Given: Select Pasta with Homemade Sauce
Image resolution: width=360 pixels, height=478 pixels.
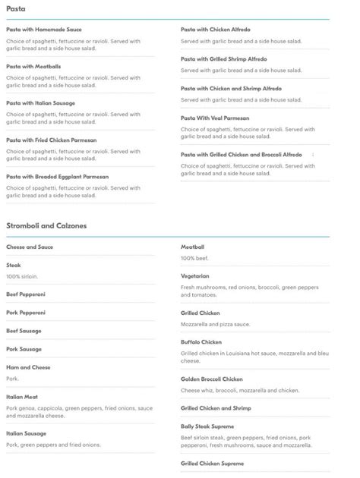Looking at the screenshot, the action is point(43,30).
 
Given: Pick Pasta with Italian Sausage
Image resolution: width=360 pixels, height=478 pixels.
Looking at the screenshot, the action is point(40,102).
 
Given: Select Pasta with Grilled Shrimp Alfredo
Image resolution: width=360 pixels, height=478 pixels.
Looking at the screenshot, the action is point(223,58).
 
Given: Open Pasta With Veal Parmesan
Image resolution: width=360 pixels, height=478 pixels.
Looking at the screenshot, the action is point(219,118).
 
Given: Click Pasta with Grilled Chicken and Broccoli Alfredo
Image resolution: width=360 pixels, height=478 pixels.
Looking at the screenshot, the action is point(242,154).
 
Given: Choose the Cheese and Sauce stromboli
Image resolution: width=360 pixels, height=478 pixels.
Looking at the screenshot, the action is point(30,247).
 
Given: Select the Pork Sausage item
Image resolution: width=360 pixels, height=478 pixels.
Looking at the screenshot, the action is point(24,349).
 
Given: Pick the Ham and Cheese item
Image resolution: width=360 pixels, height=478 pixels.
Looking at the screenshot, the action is point(28,367).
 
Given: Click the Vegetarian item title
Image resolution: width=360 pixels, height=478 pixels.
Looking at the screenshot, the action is point(195,275).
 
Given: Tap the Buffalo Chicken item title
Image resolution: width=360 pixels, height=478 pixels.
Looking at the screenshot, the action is point(201,341).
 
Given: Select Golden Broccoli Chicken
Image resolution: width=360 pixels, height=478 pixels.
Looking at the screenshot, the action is point(212,379).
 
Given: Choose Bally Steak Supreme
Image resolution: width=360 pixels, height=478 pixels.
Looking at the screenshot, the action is point(207,426).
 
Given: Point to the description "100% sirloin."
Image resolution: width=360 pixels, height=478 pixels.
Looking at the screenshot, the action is point(22,275).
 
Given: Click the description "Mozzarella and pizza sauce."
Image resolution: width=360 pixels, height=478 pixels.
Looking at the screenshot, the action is point(214,323).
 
